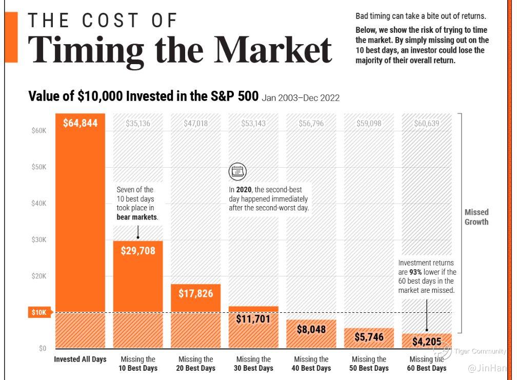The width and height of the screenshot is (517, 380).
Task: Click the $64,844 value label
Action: (80, 123)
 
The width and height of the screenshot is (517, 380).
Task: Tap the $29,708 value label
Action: (138, 251)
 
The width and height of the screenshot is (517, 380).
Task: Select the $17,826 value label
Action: (195, 293)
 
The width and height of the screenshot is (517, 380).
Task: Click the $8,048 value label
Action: (311, 329)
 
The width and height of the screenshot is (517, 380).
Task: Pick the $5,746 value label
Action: (369, 337)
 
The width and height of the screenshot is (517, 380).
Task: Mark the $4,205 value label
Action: (427, 342)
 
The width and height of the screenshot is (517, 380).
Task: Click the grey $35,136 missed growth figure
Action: (138, 123)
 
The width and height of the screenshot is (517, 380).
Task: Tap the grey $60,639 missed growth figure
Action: (427, 123)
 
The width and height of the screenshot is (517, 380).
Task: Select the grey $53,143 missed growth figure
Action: (253, 123)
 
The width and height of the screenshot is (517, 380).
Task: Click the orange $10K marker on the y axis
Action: (39, 313)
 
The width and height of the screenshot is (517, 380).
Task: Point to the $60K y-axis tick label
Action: (38, 131)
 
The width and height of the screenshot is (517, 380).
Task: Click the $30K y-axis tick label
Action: (38, 239)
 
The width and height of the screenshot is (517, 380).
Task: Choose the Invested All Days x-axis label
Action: (80, 359)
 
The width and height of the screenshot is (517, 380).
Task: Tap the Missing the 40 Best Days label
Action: (311, 364)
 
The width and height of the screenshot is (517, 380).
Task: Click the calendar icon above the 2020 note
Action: (237, 171)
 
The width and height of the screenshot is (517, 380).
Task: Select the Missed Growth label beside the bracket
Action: (476, 217)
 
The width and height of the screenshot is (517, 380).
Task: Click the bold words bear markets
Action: (137, 217)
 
